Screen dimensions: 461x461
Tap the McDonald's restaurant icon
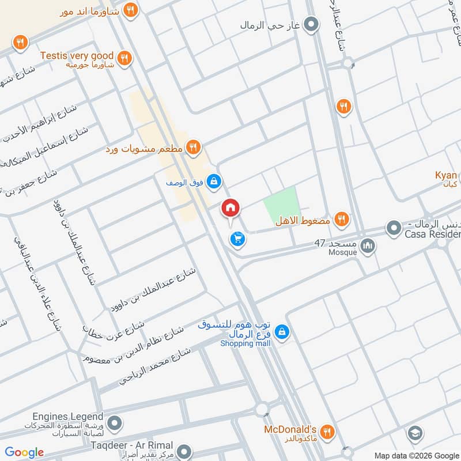point(327,431)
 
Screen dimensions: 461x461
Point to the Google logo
point(24,452)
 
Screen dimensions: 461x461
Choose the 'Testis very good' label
point(77,56)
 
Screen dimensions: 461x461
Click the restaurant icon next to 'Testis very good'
point(123,58)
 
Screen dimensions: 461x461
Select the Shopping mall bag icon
point(282,332)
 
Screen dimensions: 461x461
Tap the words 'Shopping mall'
point(245,343)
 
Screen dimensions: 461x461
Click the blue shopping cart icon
point(236,240)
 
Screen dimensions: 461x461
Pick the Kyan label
point(446,175)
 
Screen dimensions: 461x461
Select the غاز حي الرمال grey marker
point(311,24)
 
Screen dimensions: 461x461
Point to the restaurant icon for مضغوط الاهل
point(342,219)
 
